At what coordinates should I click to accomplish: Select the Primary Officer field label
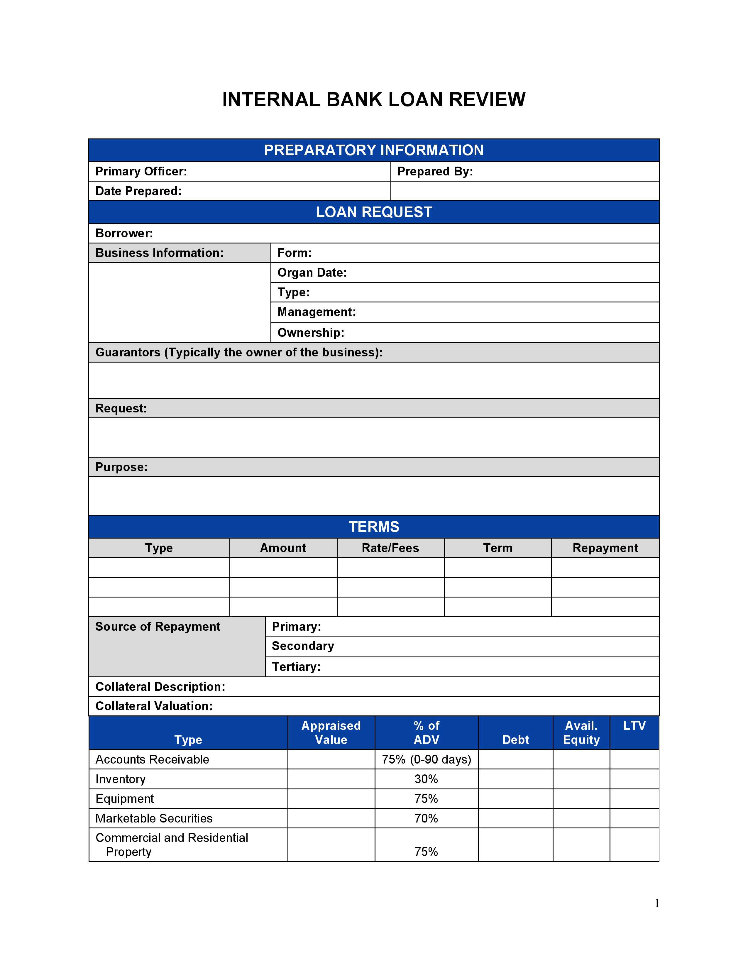pyautogui.click(x=141, y=172)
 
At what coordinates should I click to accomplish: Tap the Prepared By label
pyautogui.click(x=435, y=172)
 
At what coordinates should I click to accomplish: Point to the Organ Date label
pyautogui.click(x=312, y=273)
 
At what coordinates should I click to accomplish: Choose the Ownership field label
pyautogui.click(x=311, y=333)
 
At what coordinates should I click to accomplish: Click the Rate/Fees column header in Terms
pyautogui.click(x=390, y=548)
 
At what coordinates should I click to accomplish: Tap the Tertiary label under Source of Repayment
pyautogui.click(x=296, y=667)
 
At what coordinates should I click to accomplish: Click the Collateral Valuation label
pyautogui.click(x=154, y=706)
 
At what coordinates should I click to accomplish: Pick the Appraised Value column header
pyautogui.click(x=331, y=733)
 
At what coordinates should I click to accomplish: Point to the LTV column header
pyautogui.click(x=634, y=726)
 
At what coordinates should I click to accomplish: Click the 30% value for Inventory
pyautogui.click(x=426, y=779)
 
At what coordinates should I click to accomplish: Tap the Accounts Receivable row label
pyautogui.click(x=152, y=760)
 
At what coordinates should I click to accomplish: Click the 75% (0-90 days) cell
pyautogui.click(x=426, y=760)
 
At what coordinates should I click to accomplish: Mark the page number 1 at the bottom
pyautogui.click(x=657, y=903)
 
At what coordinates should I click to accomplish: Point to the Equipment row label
pyautogui.click(x=124, y=799)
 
